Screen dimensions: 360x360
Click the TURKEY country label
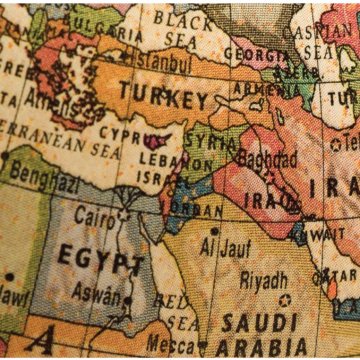[165, 97]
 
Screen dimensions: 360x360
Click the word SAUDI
[257, 324]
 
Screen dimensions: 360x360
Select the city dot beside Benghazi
[7, 156]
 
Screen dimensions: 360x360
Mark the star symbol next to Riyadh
[285, 299]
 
